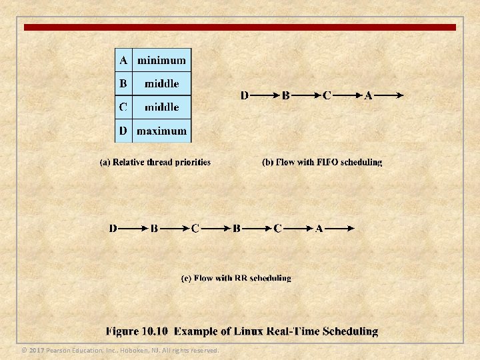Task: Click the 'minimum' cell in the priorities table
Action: (x=161, y=61)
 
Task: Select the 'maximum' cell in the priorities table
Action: (x=161, y=131)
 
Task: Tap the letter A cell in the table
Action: (x=123, y=61)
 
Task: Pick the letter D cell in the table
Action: (x=123, y=131)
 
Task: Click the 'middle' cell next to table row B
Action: (x=161, y=84)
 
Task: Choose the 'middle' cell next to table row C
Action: (x=161, y=107)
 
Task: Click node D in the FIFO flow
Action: (x=245, y=95)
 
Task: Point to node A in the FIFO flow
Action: (x=369, y=95)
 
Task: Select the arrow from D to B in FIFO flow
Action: (x=265, y=95)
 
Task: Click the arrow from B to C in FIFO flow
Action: (x=306, y=95)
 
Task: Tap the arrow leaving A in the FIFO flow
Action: (x=389, y=95)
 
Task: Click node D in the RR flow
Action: (x=113, y=229)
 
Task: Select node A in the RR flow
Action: (x=319, y=229)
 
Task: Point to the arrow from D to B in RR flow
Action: (x=133, y=229)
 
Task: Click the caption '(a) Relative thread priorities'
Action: (x=155, y=162)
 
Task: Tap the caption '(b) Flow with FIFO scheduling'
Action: (x=323, y=162)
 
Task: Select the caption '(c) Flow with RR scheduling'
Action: (x=236, y=278)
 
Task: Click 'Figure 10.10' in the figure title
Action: (x=139, y=331)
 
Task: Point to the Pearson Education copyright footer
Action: (x=120, y=351)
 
